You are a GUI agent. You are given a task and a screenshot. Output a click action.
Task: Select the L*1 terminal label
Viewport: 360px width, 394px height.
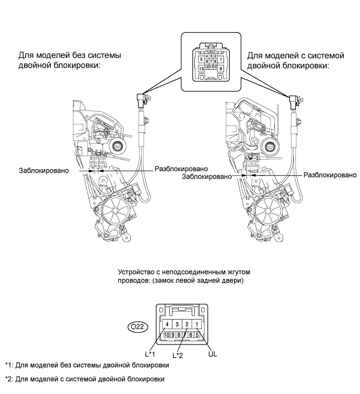(x=152, y=354)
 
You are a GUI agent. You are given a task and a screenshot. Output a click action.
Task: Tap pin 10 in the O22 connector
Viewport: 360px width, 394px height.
(x=166, y=334)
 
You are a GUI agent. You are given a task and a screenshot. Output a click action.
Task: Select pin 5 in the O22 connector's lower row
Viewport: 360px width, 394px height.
(x=198, y=334)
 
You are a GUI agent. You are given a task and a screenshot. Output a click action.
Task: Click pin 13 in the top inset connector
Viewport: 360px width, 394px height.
(x=201, y=68)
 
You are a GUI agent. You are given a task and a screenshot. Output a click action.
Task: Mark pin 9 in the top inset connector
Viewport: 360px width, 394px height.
(x=220, y=68)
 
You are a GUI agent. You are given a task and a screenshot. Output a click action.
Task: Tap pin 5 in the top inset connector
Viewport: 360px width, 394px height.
(x=201, y=59)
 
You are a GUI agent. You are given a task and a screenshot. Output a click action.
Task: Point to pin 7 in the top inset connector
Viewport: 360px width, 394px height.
(x=212, y=61)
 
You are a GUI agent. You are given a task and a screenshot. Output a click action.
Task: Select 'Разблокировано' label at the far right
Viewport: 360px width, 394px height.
(x=327, y=175)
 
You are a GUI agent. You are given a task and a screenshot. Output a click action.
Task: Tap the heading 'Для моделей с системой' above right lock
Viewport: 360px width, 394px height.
(x=288, y=55)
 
